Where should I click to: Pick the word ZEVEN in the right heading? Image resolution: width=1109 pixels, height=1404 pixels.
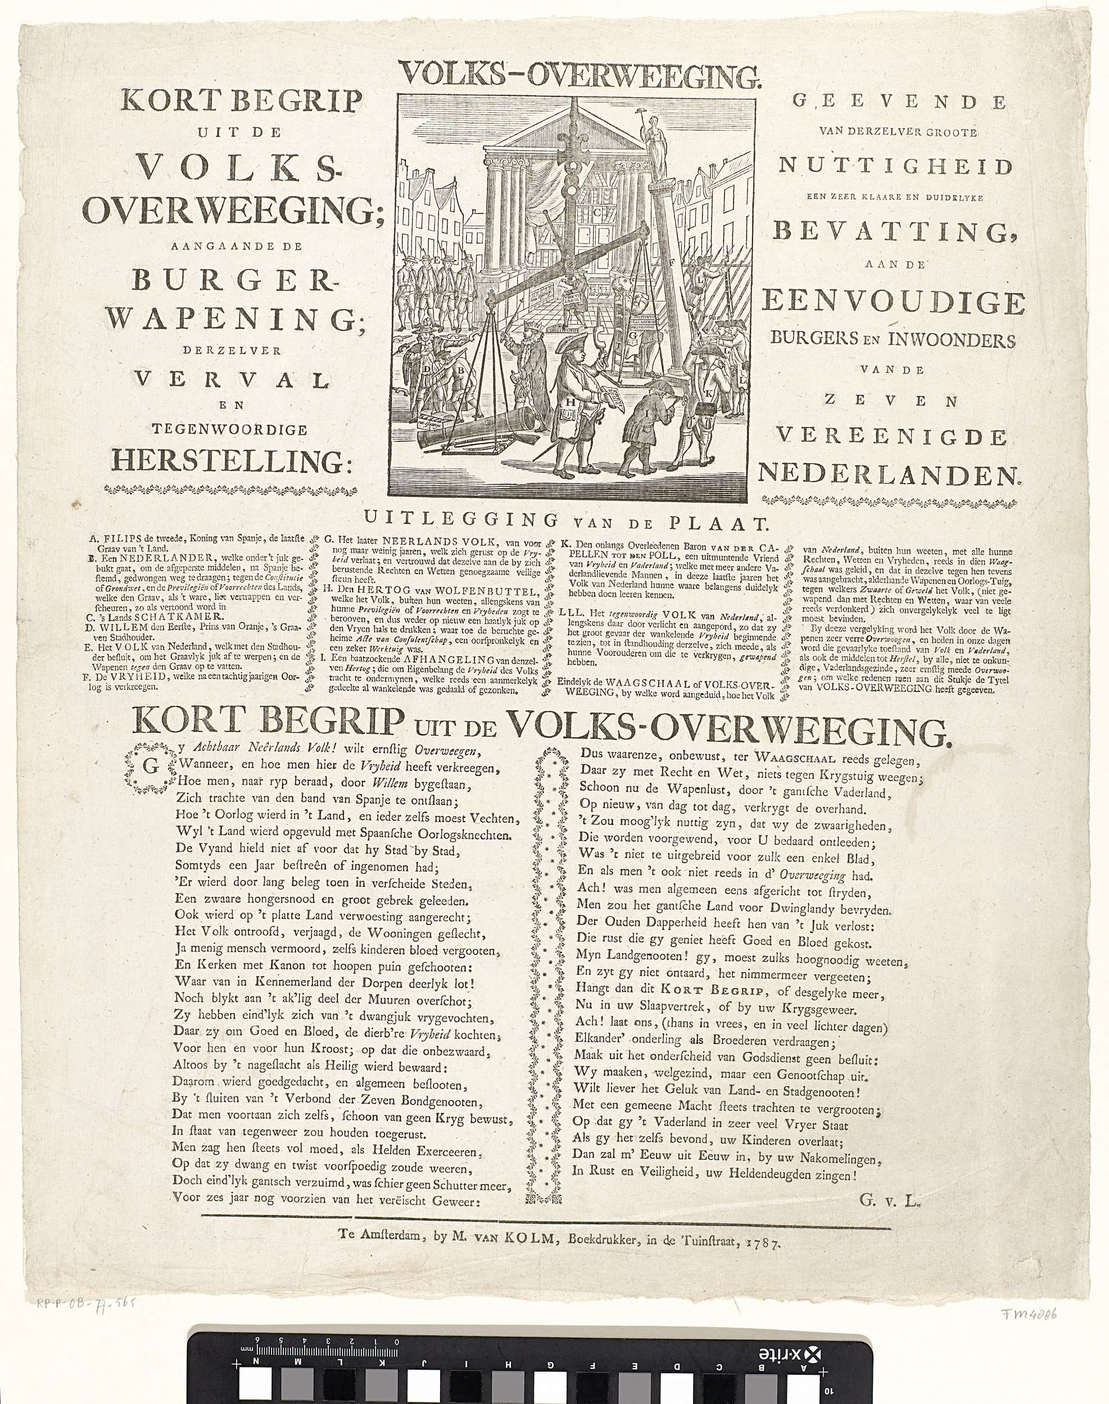click(x=891, y=401)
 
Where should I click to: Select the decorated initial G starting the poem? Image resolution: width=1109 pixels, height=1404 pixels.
click(x=150, y=766)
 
